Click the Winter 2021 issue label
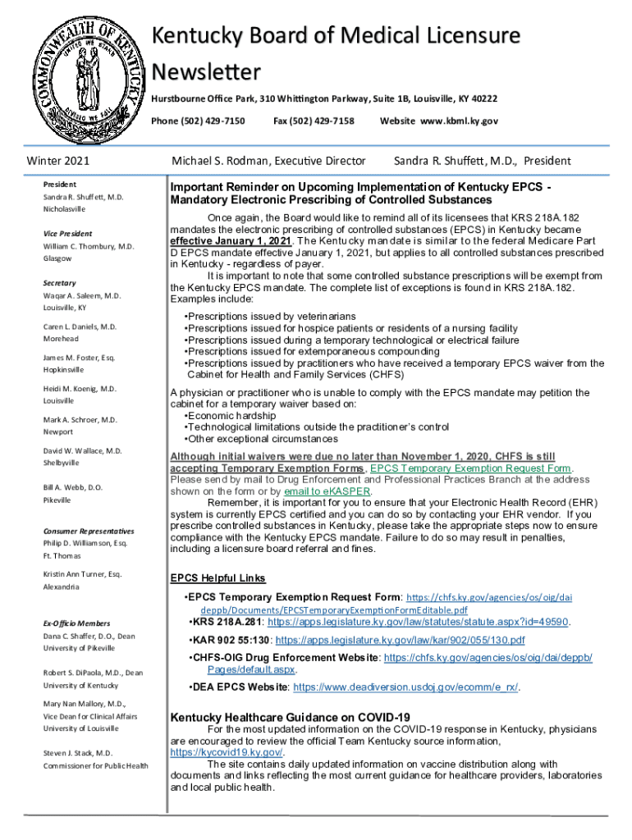(58, 161)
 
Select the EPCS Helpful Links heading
(218, 577)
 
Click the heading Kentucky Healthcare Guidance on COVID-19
(290, 718)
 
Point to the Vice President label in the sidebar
(67, 233)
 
